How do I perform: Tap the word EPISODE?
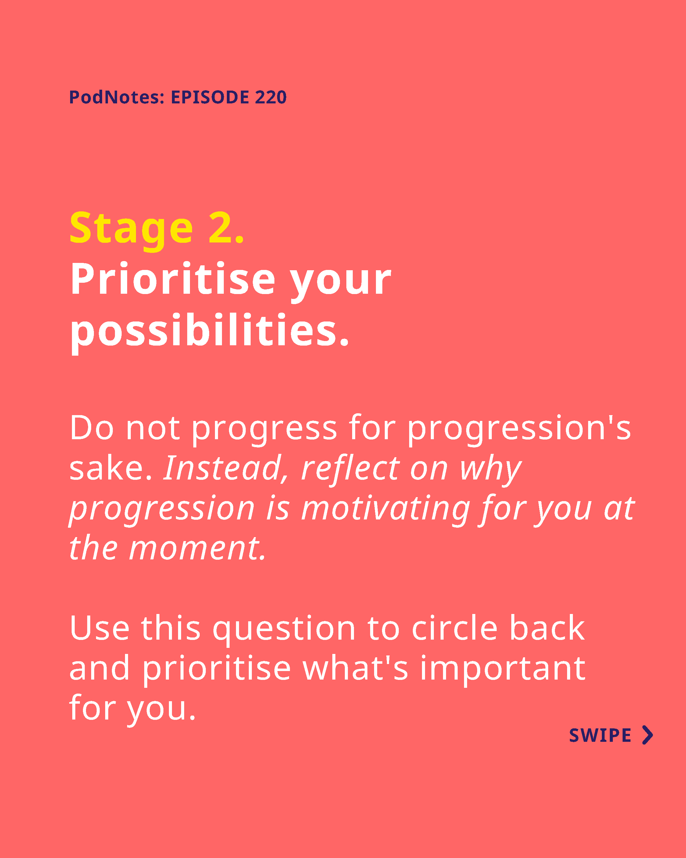point(210,97)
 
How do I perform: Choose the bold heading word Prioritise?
point(173,279)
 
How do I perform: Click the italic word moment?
point(197,549)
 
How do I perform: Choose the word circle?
point(454,628)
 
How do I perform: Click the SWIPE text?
point(600,735)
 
